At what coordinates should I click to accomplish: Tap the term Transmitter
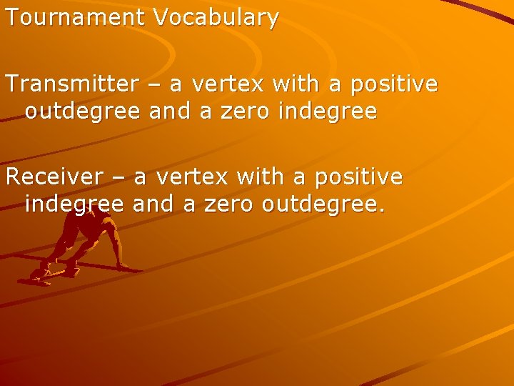click(x=72, y=84)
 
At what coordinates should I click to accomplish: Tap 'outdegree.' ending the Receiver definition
click(x=324, y=205)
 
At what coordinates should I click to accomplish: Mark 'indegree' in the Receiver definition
click(x=74, y=205)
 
